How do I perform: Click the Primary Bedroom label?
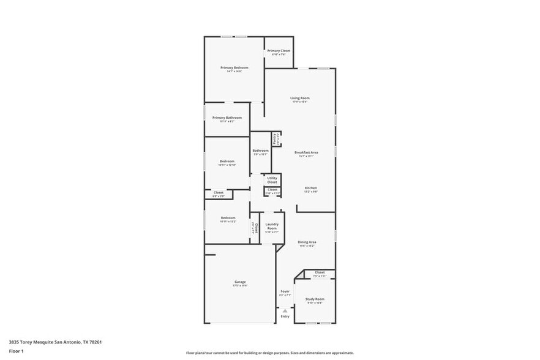tap(234, 67)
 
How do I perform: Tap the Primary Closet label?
tap(279, 51)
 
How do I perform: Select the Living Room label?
tap(299, 98)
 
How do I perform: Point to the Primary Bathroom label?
tap(227, 118)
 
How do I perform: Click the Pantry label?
tap(275, 139)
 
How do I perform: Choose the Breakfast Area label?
tap(306, 152)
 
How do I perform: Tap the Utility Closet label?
tap(272, 180)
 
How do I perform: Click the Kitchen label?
tap(311, 188)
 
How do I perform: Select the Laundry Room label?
tap(272, 226)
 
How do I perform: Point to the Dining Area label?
tap(307, 242)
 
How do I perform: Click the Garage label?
tap(240, 282)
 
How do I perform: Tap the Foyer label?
tap(285, 291)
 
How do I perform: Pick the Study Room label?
tap(315, 299)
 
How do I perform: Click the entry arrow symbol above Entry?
tap(285, 311)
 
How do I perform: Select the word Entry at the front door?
tap(285, 317)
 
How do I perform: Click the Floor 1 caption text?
tap(16, 351)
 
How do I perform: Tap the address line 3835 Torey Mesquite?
tap(55, 343)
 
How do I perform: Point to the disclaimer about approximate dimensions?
tap(269, 353)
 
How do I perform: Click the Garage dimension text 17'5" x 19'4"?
tap(240, 285)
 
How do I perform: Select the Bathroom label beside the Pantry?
tap(260, 151)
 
